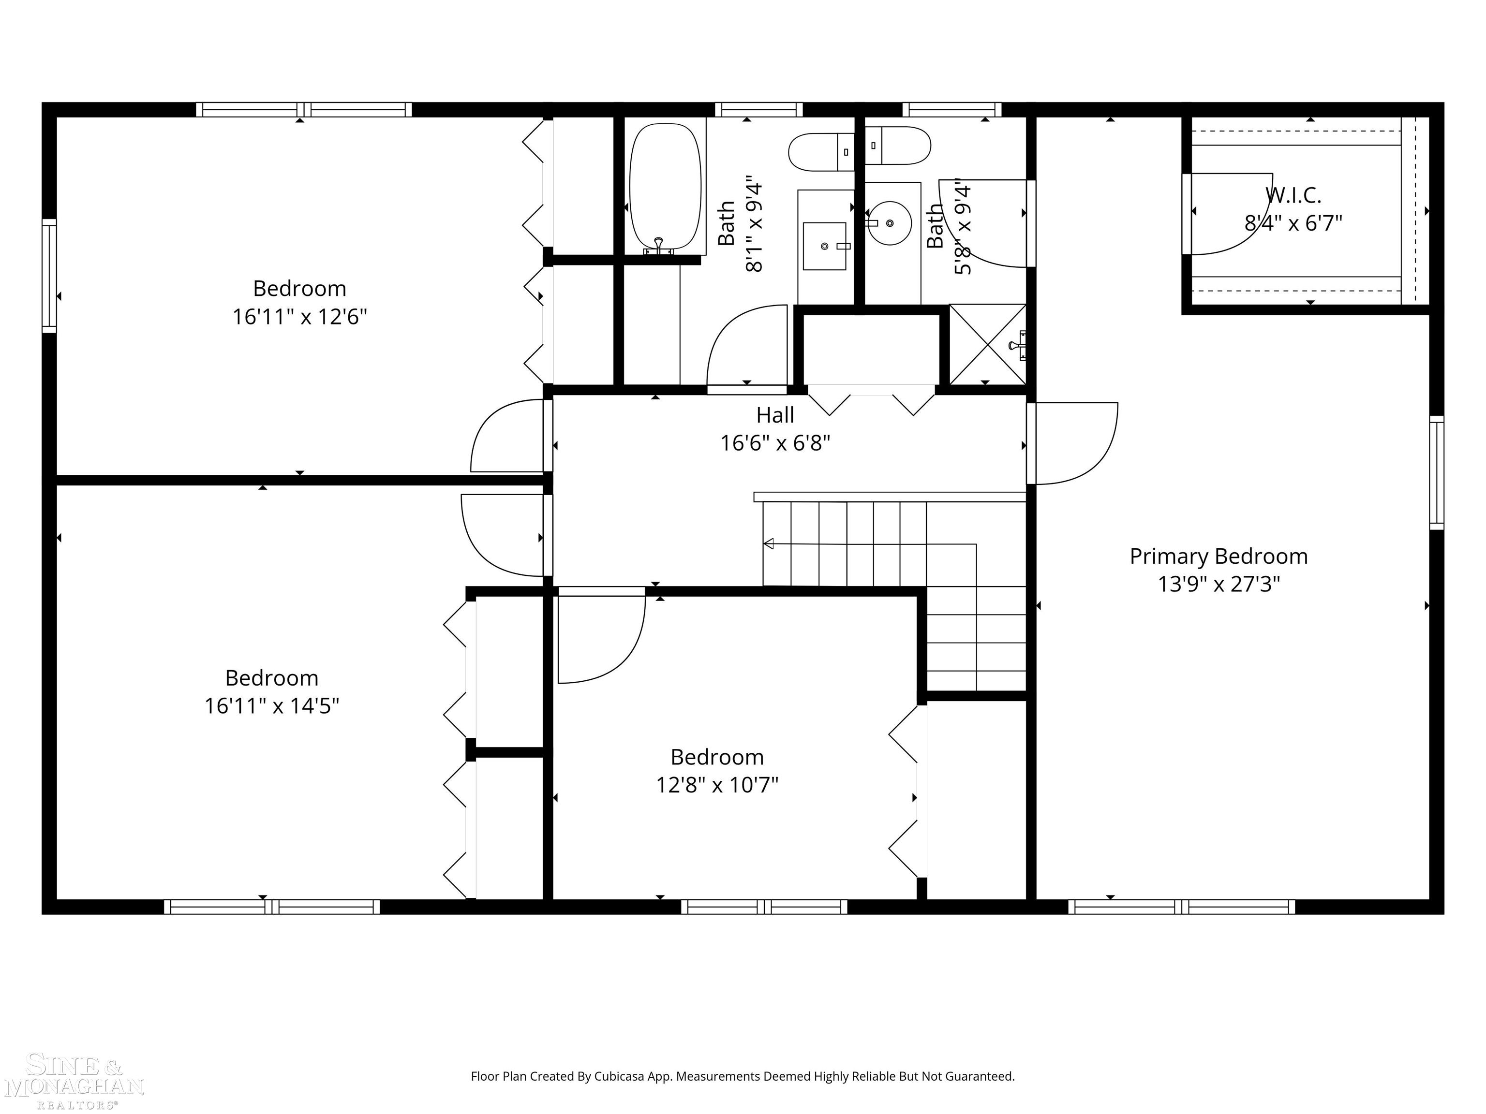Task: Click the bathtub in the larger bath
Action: (665, 187)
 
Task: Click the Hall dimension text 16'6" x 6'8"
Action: (775, 443)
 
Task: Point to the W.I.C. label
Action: (1293, 195)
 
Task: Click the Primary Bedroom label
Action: (1219, 556)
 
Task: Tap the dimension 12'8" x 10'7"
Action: (717, 784)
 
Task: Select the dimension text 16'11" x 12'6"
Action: (299, 316)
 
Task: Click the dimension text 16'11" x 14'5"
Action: (271, 706)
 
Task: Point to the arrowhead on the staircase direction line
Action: (769, 543)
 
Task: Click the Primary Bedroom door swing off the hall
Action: (1075, 443)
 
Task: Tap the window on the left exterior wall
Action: (49, 275)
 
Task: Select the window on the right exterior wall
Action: (1436, 472)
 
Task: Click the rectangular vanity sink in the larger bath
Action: (824, 246)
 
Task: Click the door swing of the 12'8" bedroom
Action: (600, 638)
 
